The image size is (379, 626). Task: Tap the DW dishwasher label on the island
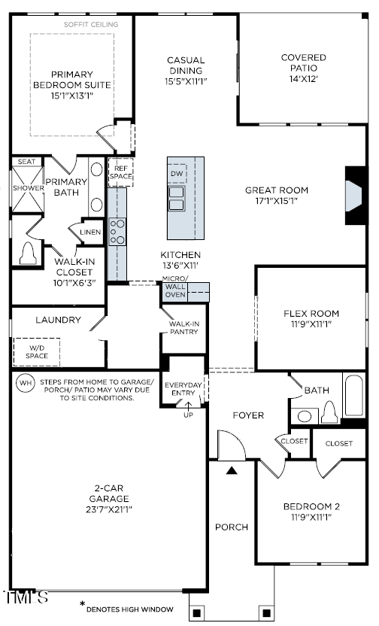point(177,175)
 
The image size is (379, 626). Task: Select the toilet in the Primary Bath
point(29,254)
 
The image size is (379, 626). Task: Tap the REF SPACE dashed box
point(120,172)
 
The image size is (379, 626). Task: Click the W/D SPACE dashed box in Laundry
point(36,351)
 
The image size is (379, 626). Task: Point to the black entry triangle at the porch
point(232,470)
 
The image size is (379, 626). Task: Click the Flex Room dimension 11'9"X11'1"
point(311,324)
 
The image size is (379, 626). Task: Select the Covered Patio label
point(303,63)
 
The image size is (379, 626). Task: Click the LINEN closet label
point(90,232)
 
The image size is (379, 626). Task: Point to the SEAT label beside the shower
point(27,162)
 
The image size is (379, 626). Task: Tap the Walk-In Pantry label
point(183,327)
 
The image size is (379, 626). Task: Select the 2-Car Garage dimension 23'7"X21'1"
point(108,509)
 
